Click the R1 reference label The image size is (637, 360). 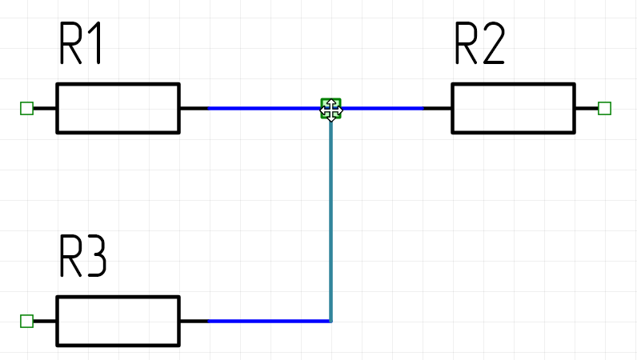(x=82, y=45)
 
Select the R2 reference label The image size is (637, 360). (x=479, y=45)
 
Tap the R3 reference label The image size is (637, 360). (x=82, y=256)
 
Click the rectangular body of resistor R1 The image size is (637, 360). (x=118, y=108)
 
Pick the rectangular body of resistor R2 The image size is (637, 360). (x=513, y=108)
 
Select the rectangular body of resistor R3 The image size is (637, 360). (x=118, y=321)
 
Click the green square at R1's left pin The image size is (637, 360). (x=26, y=108)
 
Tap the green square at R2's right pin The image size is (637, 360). (x=605, y=108)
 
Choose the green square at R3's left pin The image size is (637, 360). (x=26, y=321)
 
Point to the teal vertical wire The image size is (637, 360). (x=331, y=216)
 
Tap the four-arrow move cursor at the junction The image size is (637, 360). (x=331, y=109)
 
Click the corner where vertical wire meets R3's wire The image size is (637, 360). (x=331, y=321)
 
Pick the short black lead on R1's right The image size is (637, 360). (x=194, y=108)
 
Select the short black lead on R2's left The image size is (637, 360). (x=438, y=108)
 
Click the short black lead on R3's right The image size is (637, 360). (x=194, y=321)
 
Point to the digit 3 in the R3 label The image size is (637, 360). (x=94, y=256)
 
